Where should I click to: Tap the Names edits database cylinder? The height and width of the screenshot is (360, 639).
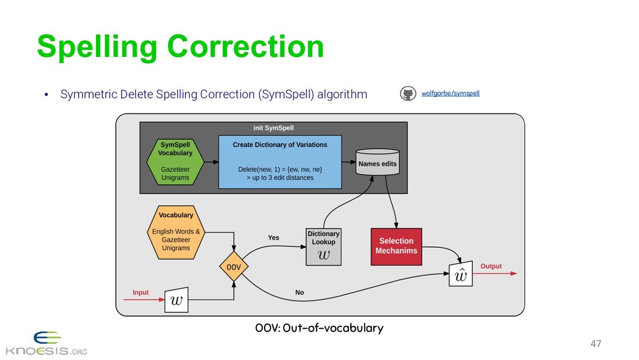(377, 162)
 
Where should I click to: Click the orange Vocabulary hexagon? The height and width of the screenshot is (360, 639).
(176, 231)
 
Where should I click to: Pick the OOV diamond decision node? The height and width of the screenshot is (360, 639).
(233, 267)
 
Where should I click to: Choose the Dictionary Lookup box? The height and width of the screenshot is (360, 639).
(324, 246)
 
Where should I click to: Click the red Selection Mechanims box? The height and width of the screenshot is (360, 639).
(396, 246)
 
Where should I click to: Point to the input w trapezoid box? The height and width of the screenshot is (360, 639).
(177, 300)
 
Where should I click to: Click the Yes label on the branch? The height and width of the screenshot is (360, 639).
(273, 238)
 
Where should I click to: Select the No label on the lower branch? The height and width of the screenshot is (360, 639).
(300, 292)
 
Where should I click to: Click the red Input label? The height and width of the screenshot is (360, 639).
(141, 292)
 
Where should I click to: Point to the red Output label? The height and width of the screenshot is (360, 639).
(491, 266)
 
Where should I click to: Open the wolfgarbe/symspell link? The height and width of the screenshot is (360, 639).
(451, 94)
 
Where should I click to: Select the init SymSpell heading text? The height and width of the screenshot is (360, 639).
(273, 128)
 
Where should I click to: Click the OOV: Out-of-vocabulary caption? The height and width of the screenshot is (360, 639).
(319, 328)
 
